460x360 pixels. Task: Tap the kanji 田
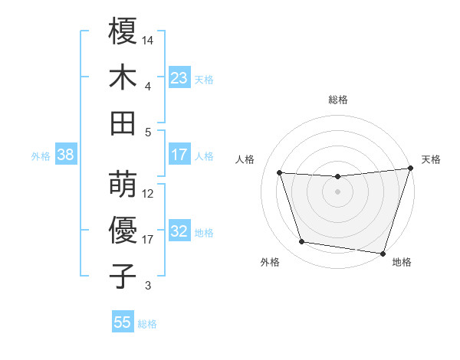pos(123,123)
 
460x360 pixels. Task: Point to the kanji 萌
pos(123,184)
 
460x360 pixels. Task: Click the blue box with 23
pos(179,77)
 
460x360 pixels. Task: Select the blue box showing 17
pos(179,155)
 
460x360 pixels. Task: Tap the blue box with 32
pos(179,232)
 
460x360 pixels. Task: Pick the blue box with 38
pos(65,155)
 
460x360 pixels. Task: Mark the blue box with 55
pos(123,322)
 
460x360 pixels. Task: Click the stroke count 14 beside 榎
pos(148,40)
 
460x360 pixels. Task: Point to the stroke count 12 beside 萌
pos(148,193)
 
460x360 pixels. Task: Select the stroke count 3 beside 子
pos(148,286)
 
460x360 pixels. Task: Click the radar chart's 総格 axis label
pos(337,100)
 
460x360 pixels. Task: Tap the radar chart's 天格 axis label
pos(431,159)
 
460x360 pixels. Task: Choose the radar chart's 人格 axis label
pos(245,159)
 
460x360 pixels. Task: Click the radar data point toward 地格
pos(383,253)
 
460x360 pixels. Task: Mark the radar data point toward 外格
pos(301,242)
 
